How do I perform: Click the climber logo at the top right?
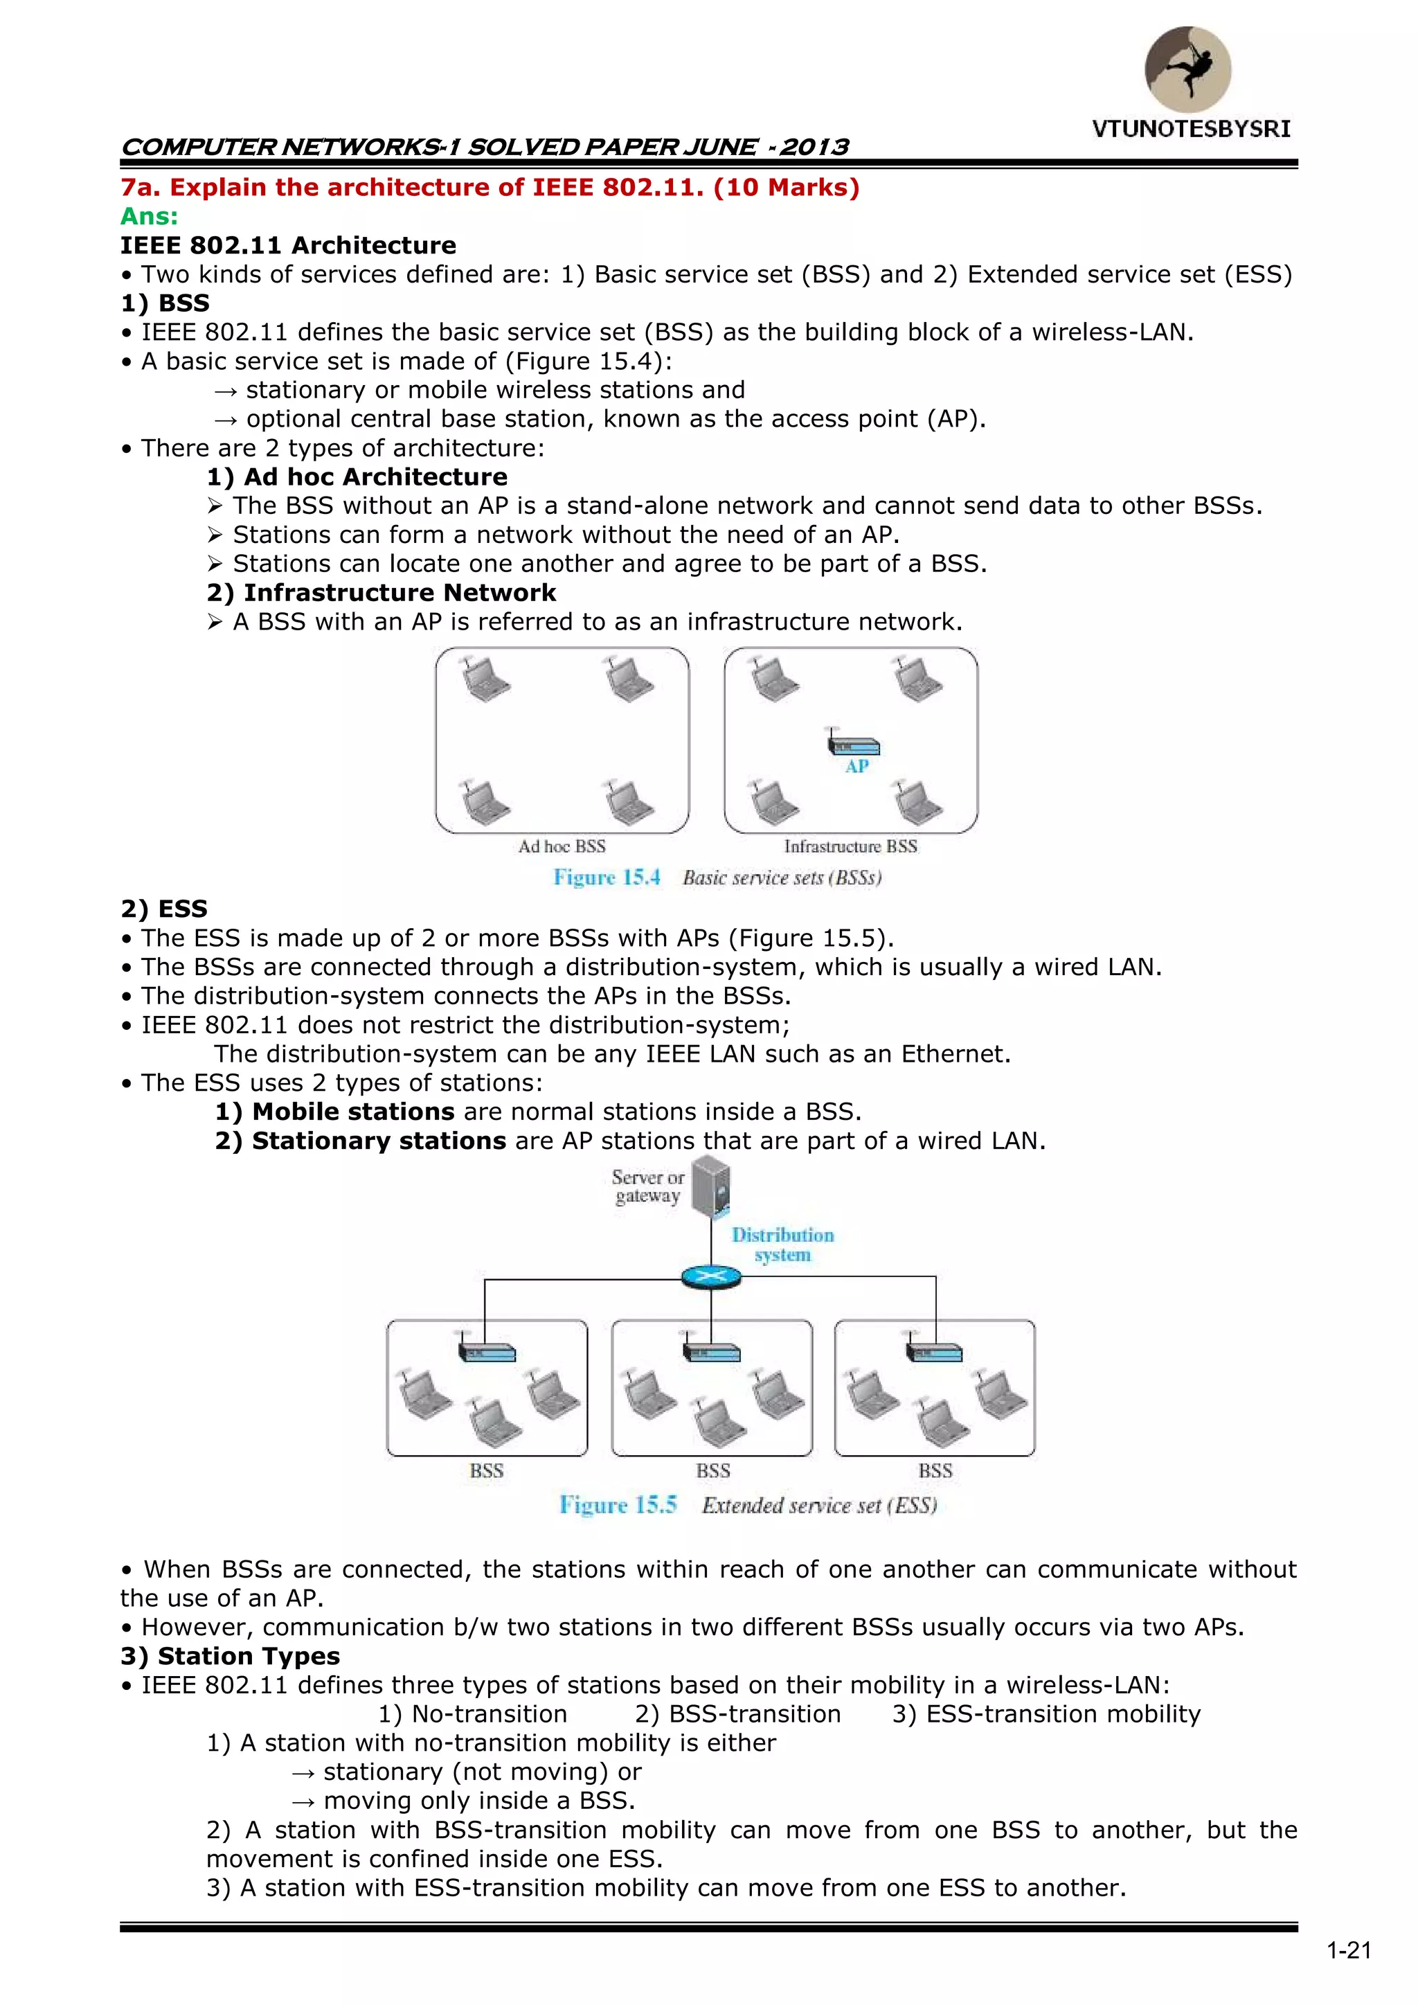click(x=1187, y=69)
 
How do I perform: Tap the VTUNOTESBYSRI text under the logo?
click(x=1191, y=130)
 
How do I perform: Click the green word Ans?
click(x=150, y=217)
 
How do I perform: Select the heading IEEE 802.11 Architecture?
click(x=288, y=245)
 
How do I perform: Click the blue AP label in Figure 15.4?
click(x=856, y=767)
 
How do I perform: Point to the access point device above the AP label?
click(x=853, y=745)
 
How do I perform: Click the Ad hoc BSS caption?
click(x=562, y=846)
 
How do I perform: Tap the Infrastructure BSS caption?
click(x=850, y=846)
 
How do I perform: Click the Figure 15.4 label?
click(x=607, y=877)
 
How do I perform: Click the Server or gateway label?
click(x=648, y=1187)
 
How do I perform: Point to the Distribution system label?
click(x=782, y=1245)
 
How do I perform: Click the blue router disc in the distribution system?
click(x=711, y=1278)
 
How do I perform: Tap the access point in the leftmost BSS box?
click(x=486, y=1352)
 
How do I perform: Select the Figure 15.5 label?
click(x=618, y=1506)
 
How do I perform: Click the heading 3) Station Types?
click(x=231, y=1657)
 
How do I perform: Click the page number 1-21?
click(x=1349, y=1951)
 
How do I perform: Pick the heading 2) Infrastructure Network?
click(x=382, y=593)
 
